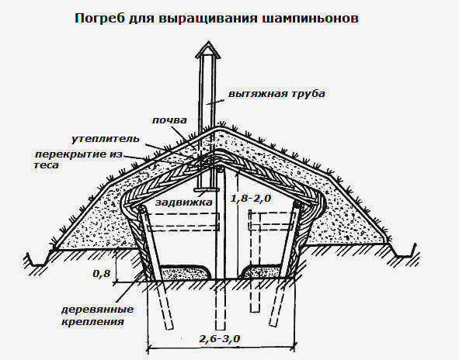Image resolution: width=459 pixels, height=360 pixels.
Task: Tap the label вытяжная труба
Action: (276, 94)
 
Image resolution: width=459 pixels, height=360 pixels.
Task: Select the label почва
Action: (169, 120)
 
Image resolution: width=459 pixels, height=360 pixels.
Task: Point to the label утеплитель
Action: (106, 139)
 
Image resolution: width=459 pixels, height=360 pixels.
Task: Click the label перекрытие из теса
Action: (78, 159)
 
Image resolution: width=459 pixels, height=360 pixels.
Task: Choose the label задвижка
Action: (183, 202)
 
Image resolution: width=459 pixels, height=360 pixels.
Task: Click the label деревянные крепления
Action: (97, 315)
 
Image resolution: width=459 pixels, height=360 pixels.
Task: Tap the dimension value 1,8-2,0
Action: (251, 199)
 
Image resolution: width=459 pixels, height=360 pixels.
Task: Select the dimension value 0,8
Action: (102, 274)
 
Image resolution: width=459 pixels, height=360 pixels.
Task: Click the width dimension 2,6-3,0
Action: (220, 339)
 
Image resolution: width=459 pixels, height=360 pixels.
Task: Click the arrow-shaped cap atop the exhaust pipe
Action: (208, 50)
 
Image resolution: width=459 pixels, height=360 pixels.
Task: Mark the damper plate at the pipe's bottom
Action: (207, 190)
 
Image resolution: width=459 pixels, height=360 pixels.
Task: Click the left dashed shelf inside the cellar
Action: (183, 222)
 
